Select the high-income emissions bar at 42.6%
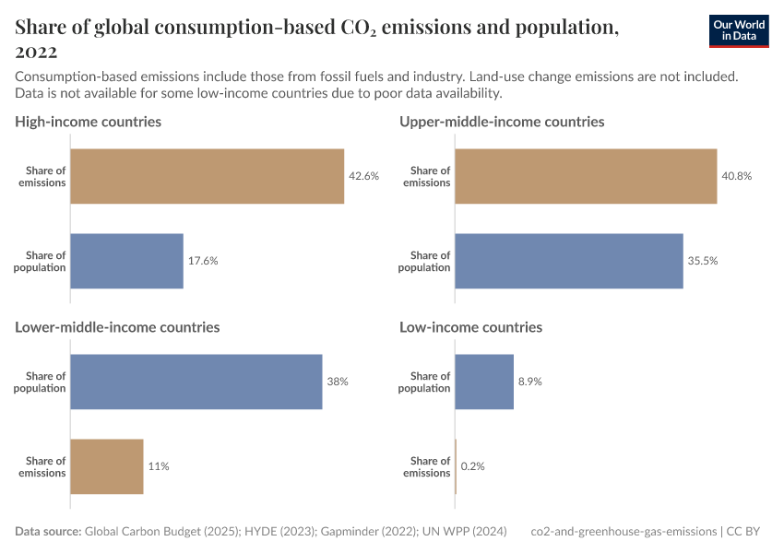coord(207,176)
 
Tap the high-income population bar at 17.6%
coord(126,261)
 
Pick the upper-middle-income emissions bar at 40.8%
coord(586,176)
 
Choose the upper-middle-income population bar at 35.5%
coord(569,261)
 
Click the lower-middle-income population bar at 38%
coord(196,382)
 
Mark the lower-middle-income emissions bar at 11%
coord(107,466)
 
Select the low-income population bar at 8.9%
coord(484,382)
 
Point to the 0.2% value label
coord(472,466)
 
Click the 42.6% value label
coord(363,176)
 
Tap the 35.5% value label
coord(702,261)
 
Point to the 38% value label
coord(337,382)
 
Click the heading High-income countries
coord(89,122)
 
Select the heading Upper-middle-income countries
coord(502,122)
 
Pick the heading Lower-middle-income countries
coord(117,327)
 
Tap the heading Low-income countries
coord(470,327)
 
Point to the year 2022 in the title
coord(36,52)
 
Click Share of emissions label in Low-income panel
coord(426,466)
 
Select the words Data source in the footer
coord(48,532)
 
